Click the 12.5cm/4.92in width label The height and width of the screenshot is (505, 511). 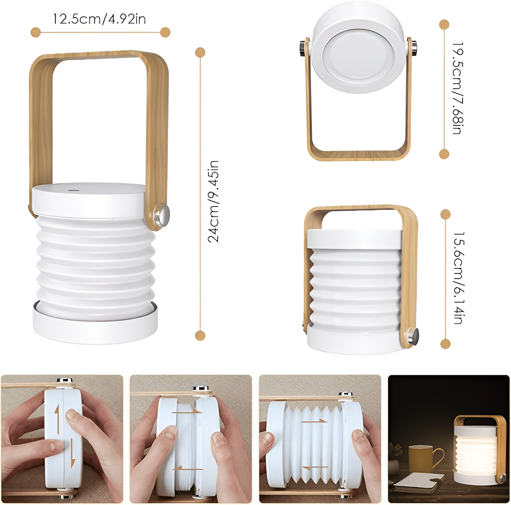click(99, 19)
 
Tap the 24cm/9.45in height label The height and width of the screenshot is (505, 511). click(213, 201)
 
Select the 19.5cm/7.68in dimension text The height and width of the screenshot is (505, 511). click(457, 88)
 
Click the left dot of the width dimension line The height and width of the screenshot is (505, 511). click(36, 32)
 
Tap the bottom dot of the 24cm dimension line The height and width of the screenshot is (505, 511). click(200, 335)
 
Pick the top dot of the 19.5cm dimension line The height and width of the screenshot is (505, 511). click(444, 24)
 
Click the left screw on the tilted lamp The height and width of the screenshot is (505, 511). click(303, 47)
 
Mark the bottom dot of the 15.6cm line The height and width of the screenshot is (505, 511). click(446, 344)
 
